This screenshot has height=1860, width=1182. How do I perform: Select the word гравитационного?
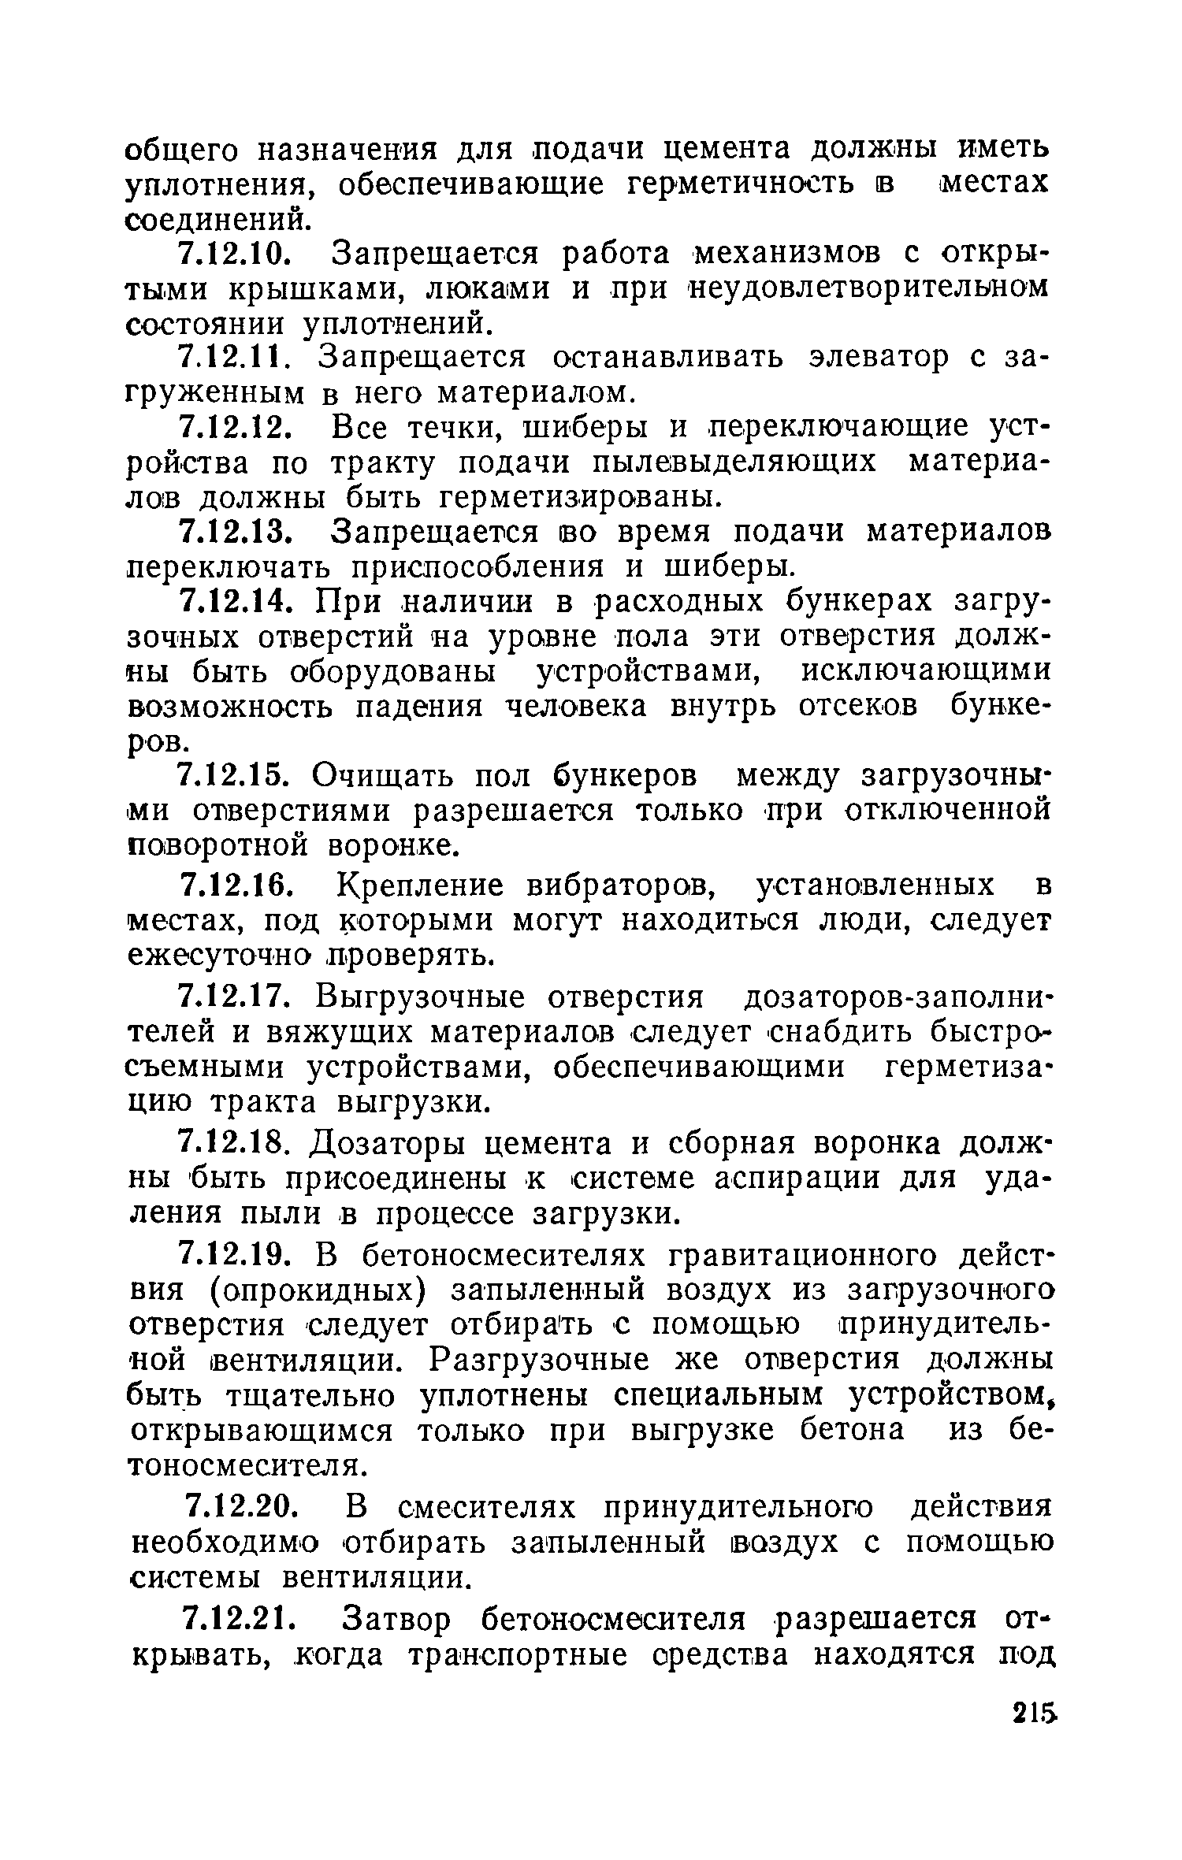pyautogui.click(x=837, y=1255)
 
